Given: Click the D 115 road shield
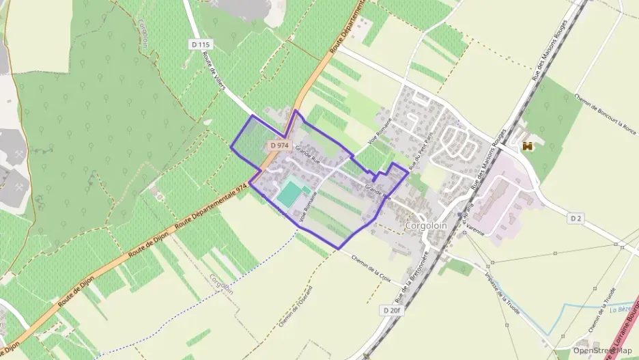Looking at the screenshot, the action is (x=201, y=44).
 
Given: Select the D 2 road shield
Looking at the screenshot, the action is (x=576, y=218).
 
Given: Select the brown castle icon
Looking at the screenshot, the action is (x=527, y=146).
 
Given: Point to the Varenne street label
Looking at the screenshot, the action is (x=475, y=232).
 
